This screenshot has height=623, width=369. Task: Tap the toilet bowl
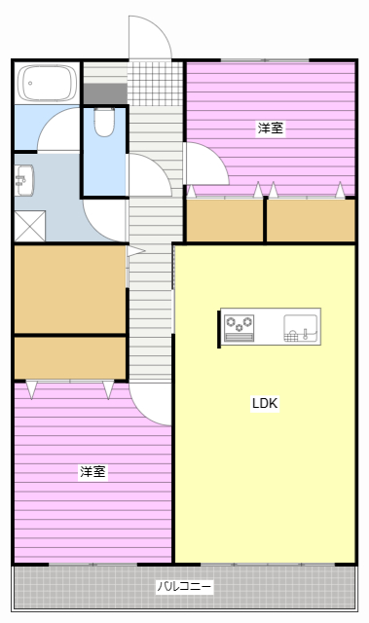pyautogui.click(x=105, y=122)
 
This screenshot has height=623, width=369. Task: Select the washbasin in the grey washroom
pyautogui.click(x=24, y=180)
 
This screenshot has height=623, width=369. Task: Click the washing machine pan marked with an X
pyautogui.click(x=29, y=226)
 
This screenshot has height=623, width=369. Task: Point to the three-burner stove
pyautogui.click(x=239, y=327)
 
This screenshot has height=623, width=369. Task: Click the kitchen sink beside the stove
pyautogui.click(x=300, y=327)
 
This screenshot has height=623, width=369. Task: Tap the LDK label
pyautogui.click(x=265, y=403)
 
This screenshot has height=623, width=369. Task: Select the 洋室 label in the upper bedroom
pyautogui.click(x=271, y=128)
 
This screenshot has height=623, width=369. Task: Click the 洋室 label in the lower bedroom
pyautogui.click(x=92, y=472)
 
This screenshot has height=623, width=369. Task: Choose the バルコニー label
pyautogui.click(x=184, y=587)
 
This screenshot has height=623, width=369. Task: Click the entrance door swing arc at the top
pyautogui.click(x=148, y=37)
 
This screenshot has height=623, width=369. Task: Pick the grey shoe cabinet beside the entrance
pyautogui.click(x=104, y=93)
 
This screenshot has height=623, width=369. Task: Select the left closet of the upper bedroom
pyautogui.click(x=224, y=221)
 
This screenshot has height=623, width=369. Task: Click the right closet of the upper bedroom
pyautogui.click(x=311, y=221)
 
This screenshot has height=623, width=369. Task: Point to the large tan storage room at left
pyautogui.click(x=69, y=289)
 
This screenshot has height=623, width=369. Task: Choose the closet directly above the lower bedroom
pyautogui.click(x=69, y=357)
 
